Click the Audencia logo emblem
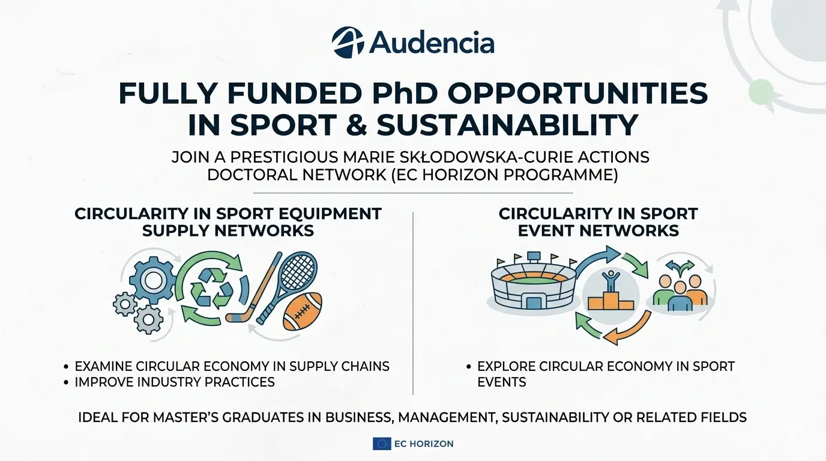(x=348, y=42)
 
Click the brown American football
(x=302, y=311)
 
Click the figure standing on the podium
(x=611, y=282)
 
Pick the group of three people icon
(x=680, y=293)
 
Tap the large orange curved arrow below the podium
(x=630, y=327)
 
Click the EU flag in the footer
(x=382, y=444)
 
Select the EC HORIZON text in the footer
(x=424, y=444)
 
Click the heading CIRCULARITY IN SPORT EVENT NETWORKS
(x=598, y=222)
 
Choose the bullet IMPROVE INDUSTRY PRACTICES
(x=174, y=382)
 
